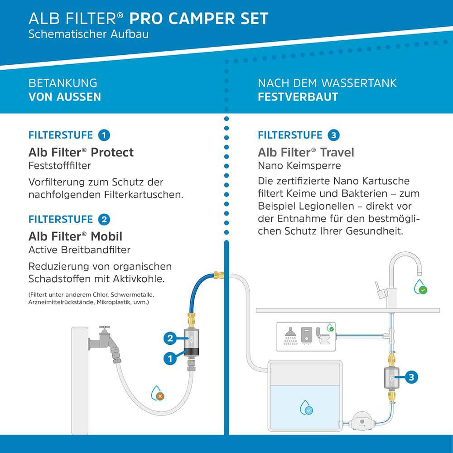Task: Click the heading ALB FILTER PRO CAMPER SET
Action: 148,19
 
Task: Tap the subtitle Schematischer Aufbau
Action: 88,34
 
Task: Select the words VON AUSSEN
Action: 65,97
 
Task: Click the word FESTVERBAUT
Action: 298,97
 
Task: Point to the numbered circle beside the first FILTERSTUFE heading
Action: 104,135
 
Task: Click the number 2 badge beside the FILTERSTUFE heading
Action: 104,220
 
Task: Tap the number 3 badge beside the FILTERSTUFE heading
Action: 333,135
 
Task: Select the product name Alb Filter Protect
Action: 81,152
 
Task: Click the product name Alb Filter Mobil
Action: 75,236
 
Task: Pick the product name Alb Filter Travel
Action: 306,152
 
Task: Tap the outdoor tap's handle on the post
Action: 105,328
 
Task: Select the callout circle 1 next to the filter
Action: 170,358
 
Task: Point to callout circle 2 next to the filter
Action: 170,337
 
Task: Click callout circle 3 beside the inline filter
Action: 411,377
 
